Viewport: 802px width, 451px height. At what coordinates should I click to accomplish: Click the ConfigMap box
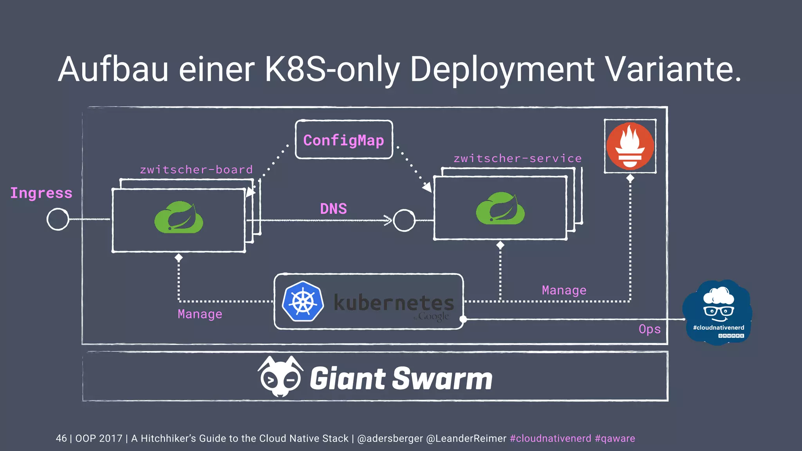coord(344,140)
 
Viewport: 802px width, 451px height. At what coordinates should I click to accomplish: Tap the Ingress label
coord(41,193)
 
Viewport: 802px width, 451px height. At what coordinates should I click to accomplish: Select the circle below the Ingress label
coord(58,219)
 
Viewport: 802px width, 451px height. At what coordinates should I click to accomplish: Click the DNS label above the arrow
coord(333,209)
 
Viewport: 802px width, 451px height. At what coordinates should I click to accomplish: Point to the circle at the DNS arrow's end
coord(404,220)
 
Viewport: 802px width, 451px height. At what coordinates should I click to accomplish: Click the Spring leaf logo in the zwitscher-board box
coord(179,218)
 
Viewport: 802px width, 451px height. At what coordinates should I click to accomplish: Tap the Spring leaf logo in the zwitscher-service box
coord(500,209)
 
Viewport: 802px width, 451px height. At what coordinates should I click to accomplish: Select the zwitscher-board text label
coord(196,170)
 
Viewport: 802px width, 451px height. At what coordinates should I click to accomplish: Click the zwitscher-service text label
coord(517,159)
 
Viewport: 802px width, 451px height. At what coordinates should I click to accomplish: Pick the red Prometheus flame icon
coord(630,146)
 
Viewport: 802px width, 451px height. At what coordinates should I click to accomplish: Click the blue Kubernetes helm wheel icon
coord(303,301)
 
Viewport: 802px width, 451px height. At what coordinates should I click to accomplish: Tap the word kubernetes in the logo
coord(394,302)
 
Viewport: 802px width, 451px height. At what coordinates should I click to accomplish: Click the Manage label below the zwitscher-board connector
coord(200,314)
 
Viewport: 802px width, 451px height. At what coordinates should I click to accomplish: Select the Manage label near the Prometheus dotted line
coord(564,290)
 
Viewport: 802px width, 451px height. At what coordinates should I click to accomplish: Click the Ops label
coord(649,329)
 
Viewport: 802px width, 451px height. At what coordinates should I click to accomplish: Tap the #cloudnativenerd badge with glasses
coord(718,312)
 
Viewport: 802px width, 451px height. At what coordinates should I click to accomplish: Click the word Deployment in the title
coord(502,69)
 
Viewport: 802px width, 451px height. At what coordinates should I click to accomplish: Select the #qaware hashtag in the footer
coord(614,438)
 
